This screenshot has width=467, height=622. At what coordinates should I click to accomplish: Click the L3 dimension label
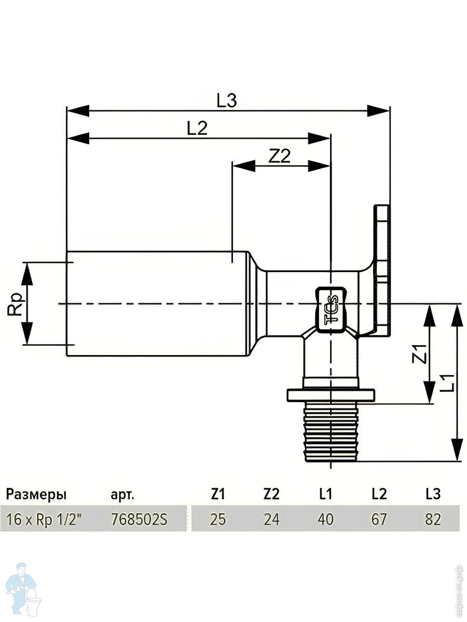(x=227, y=101)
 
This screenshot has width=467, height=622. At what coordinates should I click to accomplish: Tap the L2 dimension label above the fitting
(x=197, y=129)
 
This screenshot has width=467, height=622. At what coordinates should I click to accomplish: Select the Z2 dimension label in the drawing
(x=279, y=156)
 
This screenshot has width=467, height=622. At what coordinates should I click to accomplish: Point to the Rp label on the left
(x=16, y=304)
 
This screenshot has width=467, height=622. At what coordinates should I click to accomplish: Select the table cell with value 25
(x=218, y=519)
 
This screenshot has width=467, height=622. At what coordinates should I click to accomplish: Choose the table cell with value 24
(x=271, y=519)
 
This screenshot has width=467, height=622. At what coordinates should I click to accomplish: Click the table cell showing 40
(x=326, y=519)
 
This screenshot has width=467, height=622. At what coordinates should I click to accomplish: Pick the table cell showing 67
(x=379, y=519)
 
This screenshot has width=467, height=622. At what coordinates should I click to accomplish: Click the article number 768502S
(x=140, y=519)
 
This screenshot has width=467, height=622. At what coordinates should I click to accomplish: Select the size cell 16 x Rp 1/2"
(x=44, y=519)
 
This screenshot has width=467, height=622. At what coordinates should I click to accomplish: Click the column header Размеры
(x=36, y=494)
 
